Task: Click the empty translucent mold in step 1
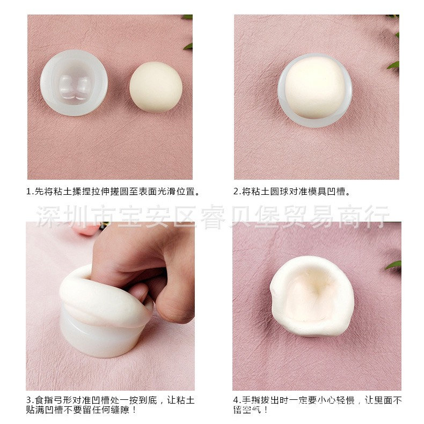[74, 82]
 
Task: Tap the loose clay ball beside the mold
[156, 86]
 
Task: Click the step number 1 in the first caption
[28, 191]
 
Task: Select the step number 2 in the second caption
[236, 191]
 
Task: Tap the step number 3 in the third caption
[28, 400]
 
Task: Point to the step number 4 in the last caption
[236, 400]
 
